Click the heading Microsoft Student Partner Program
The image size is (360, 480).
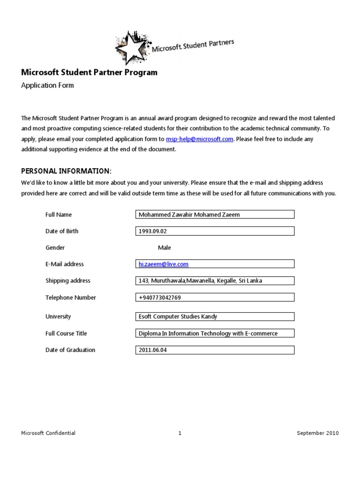coord(90,73)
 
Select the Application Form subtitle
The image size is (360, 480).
coord(47,85)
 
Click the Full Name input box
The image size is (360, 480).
coord(214,214)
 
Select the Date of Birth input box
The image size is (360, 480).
coord(214,231)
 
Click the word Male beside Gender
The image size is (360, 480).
coord(165,247)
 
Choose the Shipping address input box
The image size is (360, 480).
coord(214,281)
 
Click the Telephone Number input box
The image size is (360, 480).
coord(214,297)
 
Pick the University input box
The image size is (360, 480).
coord(214,316)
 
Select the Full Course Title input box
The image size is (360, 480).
coord(214,333)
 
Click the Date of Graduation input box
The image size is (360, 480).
coord(214,350)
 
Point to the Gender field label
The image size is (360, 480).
coord(55,247)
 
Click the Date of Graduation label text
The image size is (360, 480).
coord(70,350)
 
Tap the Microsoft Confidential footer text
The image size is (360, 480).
coord(48,433)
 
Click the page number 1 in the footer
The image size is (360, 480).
coord(180,433)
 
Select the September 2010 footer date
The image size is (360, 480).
coord(317,433)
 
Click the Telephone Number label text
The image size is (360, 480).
coord(70,297)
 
